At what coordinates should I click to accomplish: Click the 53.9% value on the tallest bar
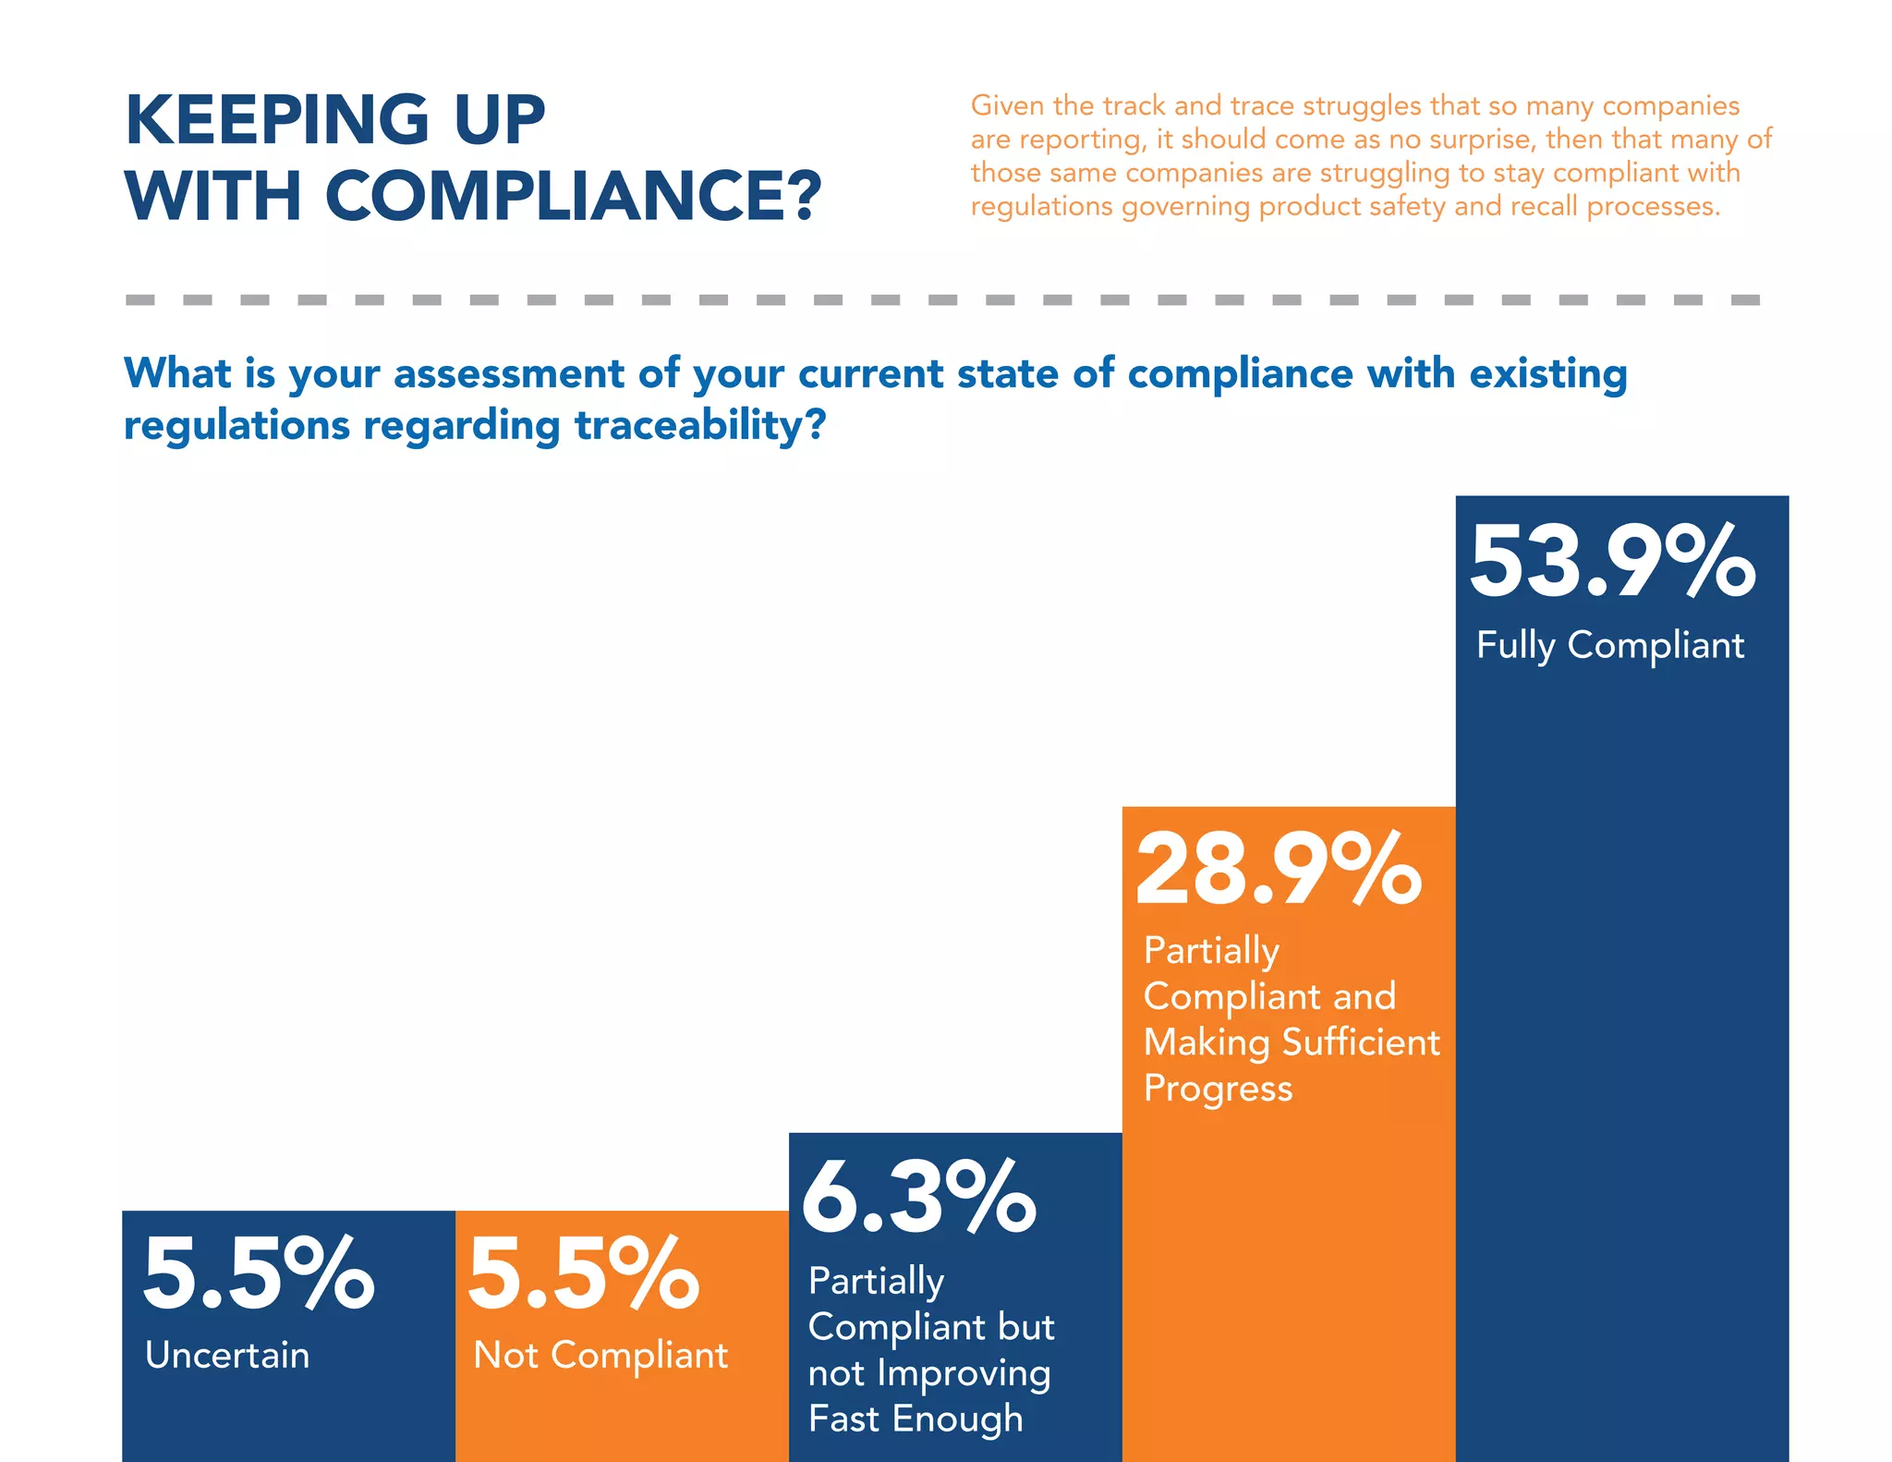pyautogui.click(x=1612, y=561)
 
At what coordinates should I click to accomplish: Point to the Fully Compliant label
pyautogui.click(x=1609, y=645)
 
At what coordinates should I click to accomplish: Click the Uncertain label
pyautogui.click(x=227, y=1355)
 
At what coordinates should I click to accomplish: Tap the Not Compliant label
pyautogui.click(x=600, y=1355)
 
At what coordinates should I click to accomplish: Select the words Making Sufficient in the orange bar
pyautogui.click(x=1292, y=1042)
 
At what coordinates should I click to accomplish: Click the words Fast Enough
pyautogui.click(x=916, y=1419)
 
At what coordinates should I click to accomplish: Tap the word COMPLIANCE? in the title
pyautogui.click(x=573, y=196)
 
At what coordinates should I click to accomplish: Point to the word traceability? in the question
pyautogui.click(x=699, y=425)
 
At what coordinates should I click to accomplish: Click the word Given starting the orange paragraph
pyautogui.click(x=1007, y=105)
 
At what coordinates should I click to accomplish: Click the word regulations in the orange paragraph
pyautogui.click(x=1041, y=206)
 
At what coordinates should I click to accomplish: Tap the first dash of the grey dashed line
pyautogui.click(x=140, y=299)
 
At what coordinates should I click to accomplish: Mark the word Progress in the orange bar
pyautogui.click(x=1218, y=1089)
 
